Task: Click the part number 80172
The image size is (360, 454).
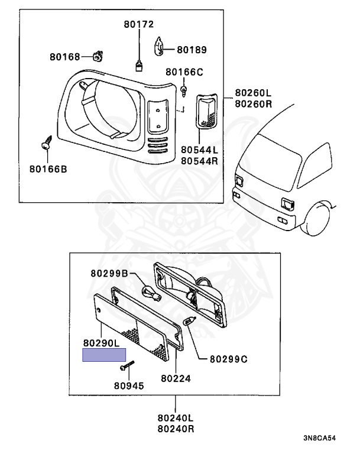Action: tap(138, 24)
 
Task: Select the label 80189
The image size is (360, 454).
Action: tap(192, 50)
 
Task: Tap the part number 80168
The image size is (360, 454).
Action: tap(64, 57)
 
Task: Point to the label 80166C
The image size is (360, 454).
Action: tap(184, 73)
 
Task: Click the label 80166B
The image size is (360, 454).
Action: tap(48, 169)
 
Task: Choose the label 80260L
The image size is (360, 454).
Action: tap(253, 93)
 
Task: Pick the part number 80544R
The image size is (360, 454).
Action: tap(199, 160)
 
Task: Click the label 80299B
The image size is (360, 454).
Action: tap(109, 273)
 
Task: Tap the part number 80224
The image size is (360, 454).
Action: tap(175, 377)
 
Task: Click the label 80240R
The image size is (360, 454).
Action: tap(173, 428)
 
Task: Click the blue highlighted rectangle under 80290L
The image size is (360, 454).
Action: tap(103, 355)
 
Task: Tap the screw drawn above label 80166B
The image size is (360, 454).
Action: tap(46, 144)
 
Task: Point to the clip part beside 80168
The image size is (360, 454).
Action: tap(98, 56)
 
